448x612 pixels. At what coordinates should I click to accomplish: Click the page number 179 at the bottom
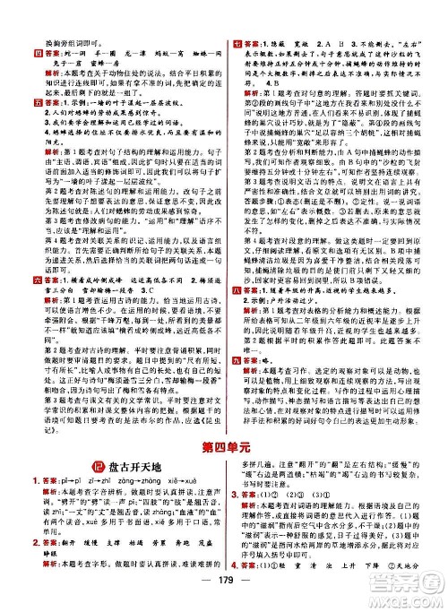224,599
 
